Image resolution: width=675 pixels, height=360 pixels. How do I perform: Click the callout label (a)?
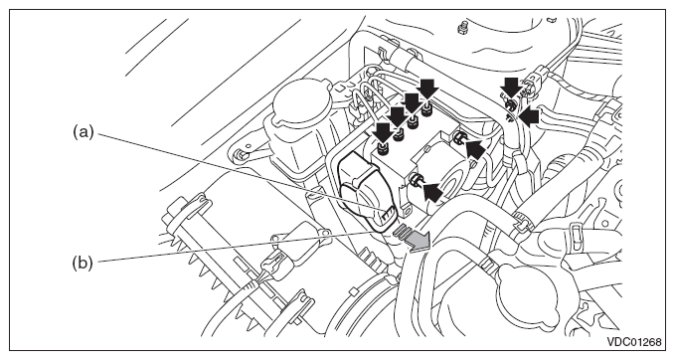coord(83,132)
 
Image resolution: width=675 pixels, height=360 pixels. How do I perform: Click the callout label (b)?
coord(83,263)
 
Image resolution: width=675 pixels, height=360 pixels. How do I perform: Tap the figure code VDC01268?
coord(634,342)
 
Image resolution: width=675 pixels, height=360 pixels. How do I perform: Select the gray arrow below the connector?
coord(415,238)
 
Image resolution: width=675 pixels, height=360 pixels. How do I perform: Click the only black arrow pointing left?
coord(529,116)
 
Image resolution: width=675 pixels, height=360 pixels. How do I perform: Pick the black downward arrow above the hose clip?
coord(511,89)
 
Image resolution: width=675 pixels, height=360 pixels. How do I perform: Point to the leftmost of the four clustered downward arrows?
coord(383,132)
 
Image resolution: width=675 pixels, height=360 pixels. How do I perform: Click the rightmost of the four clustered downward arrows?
coord(428,90)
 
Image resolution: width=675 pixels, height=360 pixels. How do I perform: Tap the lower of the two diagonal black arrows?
coord(433,191)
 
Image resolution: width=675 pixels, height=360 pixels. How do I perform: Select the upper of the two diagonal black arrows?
coord(474,150)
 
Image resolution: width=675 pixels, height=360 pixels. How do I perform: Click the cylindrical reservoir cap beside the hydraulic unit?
coord(301,102)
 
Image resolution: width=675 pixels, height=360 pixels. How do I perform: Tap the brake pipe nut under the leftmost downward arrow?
coord(382,149)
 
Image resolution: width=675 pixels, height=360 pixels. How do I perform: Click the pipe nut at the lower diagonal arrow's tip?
coord(416,180)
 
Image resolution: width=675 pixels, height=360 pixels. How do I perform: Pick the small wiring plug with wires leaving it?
coord(273,262)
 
